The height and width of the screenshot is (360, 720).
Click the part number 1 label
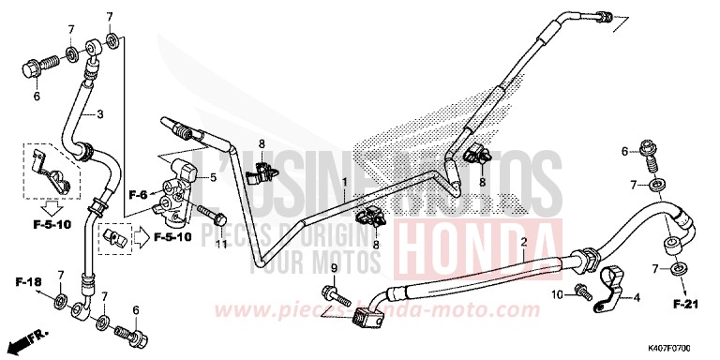345,182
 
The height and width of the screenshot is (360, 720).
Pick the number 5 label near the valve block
213,176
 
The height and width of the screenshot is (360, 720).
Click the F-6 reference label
140,194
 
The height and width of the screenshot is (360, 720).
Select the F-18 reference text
27,281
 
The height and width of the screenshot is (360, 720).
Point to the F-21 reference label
682,305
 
